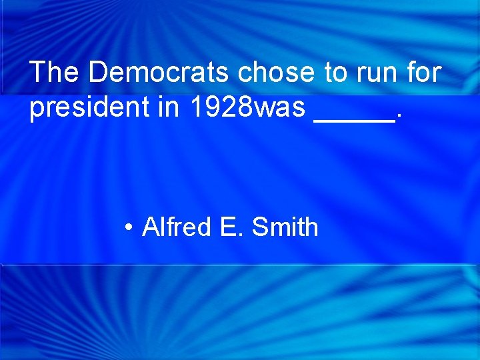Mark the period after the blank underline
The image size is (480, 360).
tap(399, 117)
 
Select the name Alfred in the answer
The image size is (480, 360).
tap(176, 227)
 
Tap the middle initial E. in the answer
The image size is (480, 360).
tap(231, 227)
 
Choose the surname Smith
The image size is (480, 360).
tap(285, 227)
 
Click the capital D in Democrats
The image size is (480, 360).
tap(97, 72)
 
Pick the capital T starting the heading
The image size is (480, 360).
tap(37, 72)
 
